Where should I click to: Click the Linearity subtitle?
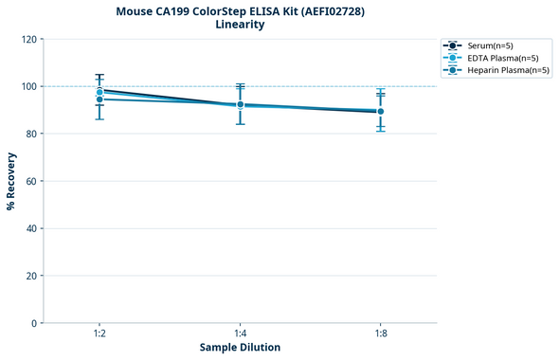tap(240, 25)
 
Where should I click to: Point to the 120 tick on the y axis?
tap(28, 39)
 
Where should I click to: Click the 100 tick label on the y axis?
tap(28, 86)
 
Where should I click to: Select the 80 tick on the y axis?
tap(31, 134)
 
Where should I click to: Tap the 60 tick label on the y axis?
tap(31, 181)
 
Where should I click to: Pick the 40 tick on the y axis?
tap(31, 228)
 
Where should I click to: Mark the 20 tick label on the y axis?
tap(31, 276)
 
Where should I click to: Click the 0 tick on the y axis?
tap(34, 323)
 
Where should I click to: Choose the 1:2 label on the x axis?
tap(99, 333)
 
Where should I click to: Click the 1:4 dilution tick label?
tap(240, 333)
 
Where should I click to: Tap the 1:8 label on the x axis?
tap(380, 333)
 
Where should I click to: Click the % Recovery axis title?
tap(11, 181)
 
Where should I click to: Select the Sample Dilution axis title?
tap(240, 348)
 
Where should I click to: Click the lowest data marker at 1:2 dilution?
tap(99, 99)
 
